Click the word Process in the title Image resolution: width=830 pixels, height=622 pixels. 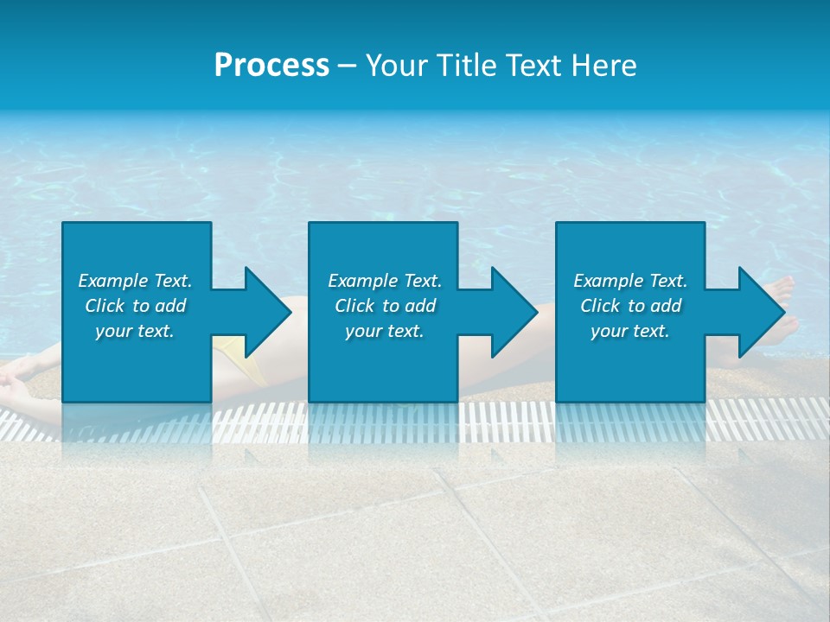271,66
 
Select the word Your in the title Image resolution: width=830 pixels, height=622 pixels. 396,66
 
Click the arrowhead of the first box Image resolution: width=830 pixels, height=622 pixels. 265,313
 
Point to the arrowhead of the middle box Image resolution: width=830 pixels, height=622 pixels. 512,313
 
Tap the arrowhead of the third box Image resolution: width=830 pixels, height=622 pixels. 758,313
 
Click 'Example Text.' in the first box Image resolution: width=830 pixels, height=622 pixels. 135,281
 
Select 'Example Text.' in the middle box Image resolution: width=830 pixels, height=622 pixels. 385,281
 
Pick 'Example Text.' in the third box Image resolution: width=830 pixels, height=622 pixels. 630,281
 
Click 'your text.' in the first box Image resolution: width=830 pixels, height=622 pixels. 135,331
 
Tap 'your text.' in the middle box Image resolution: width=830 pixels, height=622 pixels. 385,331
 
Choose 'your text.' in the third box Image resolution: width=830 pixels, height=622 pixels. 630,331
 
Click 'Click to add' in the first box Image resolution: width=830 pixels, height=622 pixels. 135,306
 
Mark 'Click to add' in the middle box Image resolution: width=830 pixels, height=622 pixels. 385,306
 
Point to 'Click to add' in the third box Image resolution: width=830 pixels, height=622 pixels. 630,306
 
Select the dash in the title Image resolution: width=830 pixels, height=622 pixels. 347,67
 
